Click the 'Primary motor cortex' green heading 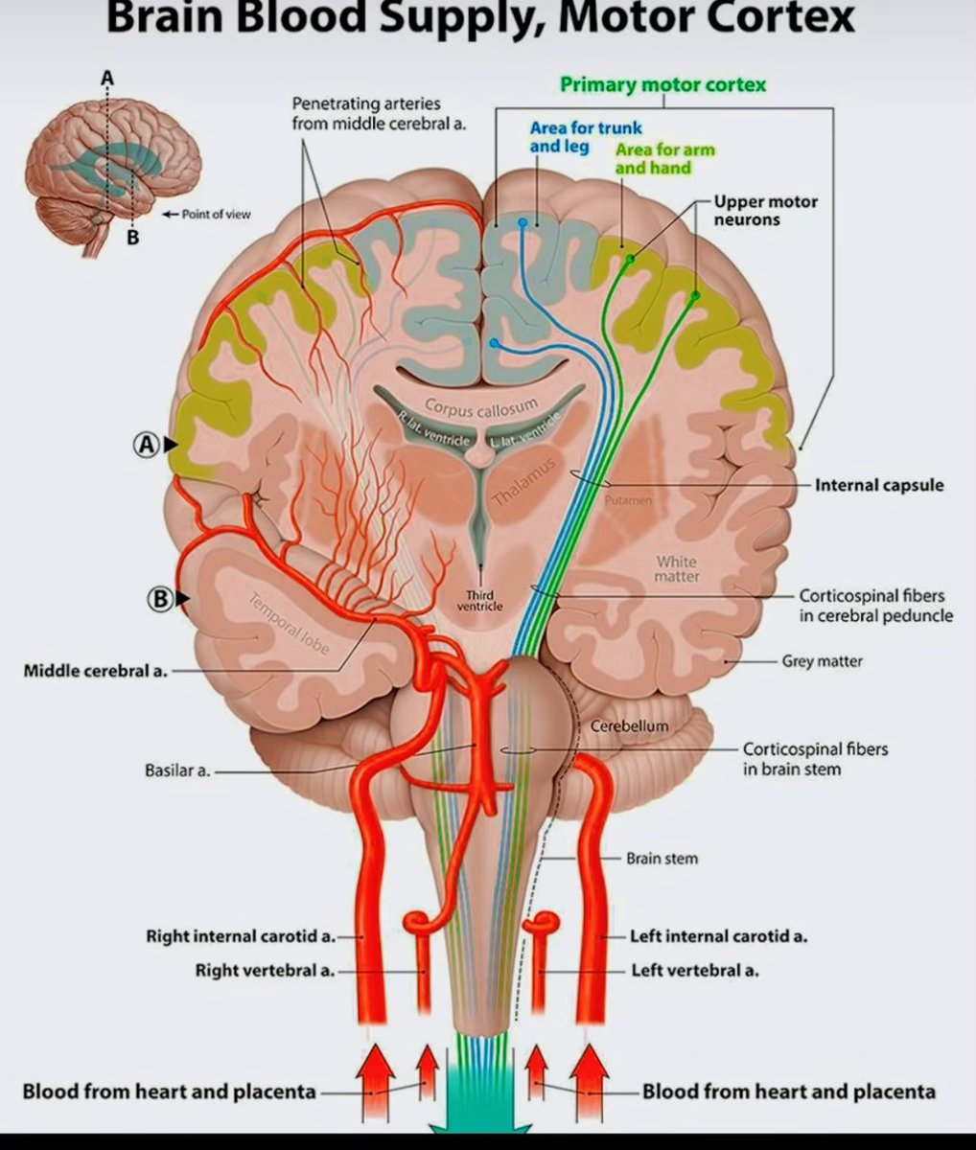[x=662, y=84]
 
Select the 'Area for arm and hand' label [x=664, y=158]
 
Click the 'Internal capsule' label [x=879, y=485]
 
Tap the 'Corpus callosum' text [x=480, y=409]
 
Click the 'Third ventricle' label [x=479, y=600]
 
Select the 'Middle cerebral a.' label [x=95, y=671]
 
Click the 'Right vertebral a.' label [x=265, y=971]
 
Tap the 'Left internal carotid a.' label [x=718, y=936]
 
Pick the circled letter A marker [x=146, y=445]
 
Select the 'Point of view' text [x=218, y=214]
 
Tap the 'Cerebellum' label [x=629, y=726]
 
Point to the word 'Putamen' [x=629, y=500]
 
